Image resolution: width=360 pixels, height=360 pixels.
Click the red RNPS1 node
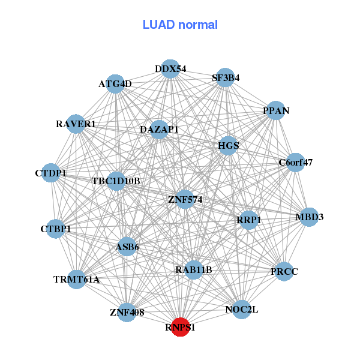click(181, 327)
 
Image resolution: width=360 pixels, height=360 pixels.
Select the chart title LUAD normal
click(180, 25)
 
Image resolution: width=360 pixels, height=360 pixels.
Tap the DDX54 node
click(170, 69)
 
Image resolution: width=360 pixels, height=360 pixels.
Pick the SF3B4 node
click(225, 77)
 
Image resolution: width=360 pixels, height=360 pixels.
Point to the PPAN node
click(275, 110)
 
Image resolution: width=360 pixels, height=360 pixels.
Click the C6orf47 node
click(295, 162)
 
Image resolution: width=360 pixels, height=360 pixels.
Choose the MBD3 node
click(308, 217)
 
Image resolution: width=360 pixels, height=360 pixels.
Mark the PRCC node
click(284, 271)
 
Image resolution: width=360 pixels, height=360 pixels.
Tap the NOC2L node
click(241, 309)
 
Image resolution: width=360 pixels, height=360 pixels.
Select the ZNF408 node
click(127, 312)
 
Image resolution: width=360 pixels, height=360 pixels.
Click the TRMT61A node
click(76, 279)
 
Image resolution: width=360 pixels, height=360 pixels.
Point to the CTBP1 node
click(55, 229)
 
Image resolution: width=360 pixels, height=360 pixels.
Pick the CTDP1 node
click(52, 173)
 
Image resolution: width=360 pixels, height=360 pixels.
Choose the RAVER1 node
click(76, 124)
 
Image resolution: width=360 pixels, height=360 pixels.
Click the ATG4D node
click(115, 84)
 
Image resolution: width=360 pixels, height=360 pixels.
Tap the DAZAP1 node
click(159, 129)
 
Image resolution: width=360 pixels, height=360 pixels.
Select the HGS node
click(228, 145)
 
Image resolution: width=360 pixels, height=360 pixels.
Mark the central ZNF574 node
click(185, 199)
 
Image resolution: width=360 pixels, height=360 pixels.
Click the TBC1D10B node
click(116, 181)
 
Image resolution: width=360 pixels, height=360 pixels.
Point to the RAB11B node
click(194, 269)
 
